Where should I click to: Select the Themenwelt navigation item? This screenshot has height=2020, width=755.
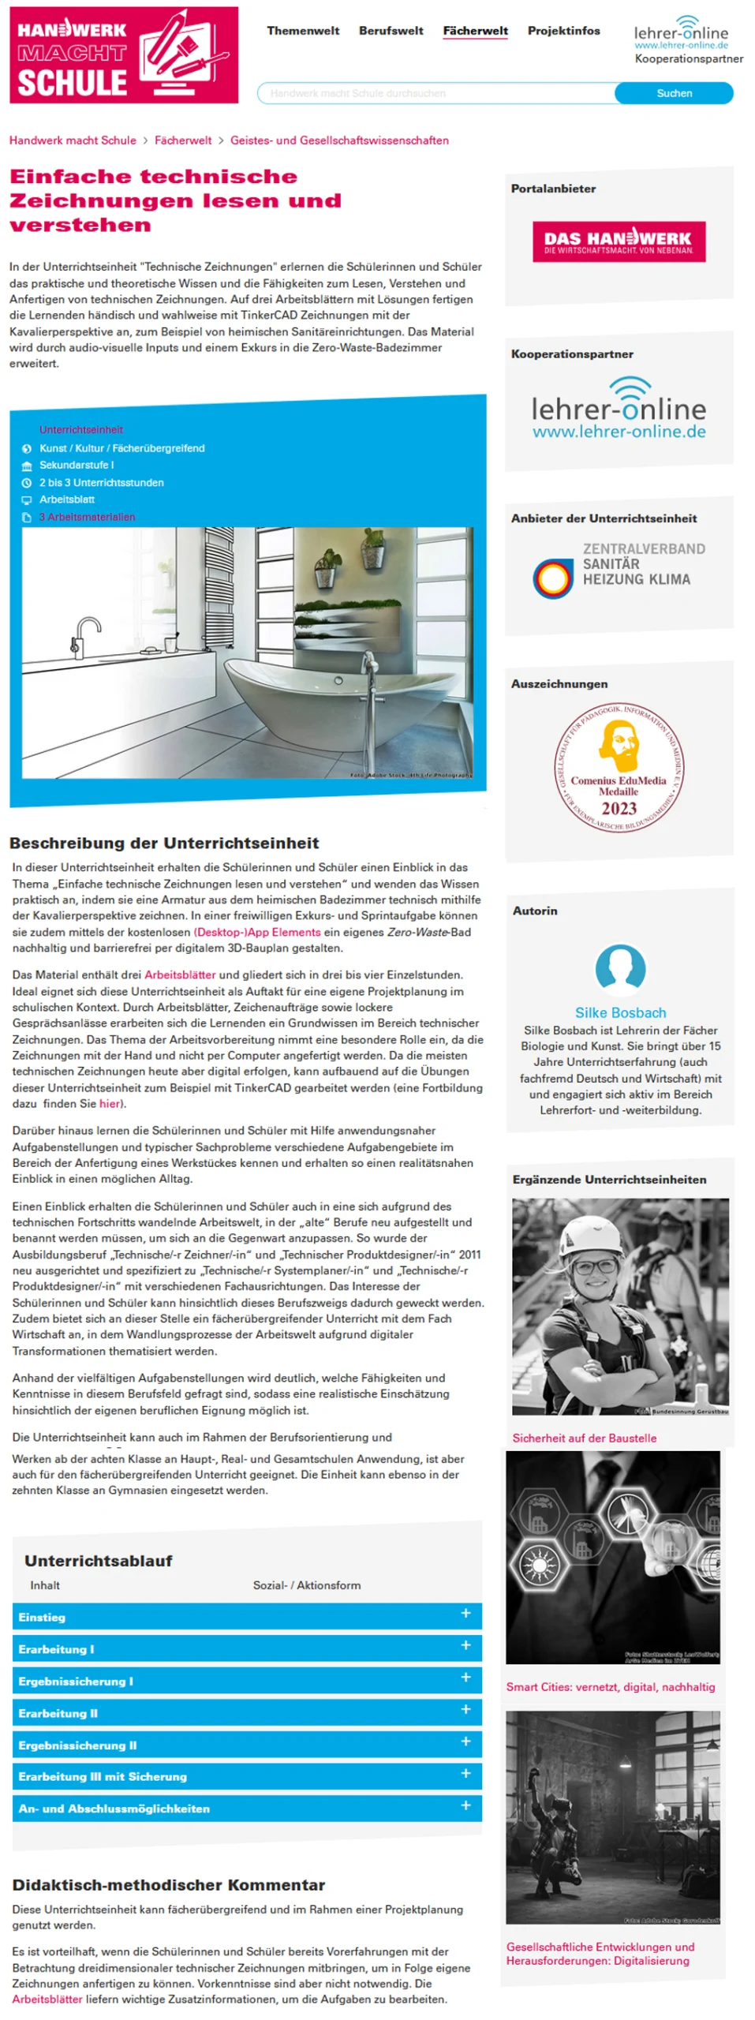(302, 31)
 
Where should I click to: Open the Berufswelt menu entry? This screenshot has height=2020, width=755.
(391, 31)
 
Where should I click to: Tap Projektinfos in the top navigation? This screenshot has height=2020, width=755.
(563, 31)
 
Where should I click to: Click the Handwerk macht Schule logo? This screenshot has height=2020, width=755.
(123, 54)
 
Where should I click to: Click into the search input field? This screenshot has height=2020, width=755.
(435, 93)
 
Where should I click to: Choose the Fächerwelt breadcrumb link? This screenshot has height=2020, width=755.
(182, 140)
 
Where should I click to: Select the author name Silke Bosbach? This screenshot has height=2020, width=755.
(619, 1012)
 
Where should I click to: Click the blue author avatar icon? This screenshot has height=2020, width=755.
(619, 967)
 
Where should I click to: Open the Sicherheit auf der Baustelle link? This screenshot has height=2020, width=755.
(583, 1437)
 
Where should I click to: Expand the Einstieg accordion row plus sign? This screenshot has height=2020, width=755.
(465, 1612)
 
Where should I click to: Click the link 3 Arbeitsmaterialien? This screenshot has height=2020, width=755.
(87, 517)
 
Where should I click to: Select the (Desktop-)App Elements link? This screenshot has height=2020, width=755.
(256, 931)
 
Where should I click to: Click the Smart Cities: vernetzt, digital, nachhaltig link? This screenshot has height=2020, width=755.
(610, 1686)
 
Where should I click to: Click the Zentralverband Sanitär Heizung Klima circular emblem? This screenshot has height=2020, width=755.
(551, 578)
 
